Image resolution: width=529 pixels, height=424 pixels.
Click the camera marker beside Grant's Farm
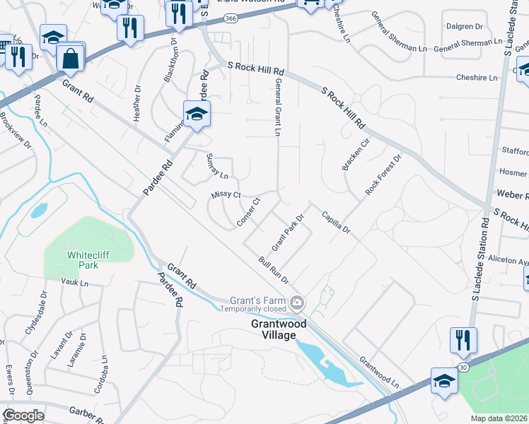tap(298, 303)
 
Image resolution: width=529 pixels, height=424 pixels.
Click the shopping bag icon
tap(71, 58)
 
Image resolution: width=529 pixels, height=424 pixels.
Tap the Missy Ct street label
tap(226, 195)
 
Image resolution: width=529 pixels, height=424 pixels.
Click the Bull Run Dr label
tap(274, 271)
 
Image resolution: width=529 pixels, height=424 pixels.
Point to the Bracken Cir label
tap(356, 154)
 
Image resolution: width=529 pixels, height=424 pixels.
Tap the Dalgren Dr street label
tap(465, 26)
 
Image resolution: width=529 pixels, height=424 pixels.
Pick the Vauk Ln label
tap(73, 283)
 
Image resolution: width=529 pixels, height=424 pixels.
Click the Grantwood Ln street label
tap(379, 371)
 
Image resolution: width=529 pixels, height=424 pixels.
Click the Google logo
tap(23, 416)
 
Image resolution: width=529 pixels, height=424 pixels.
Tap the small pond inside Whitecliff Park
tap(38, 211)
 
